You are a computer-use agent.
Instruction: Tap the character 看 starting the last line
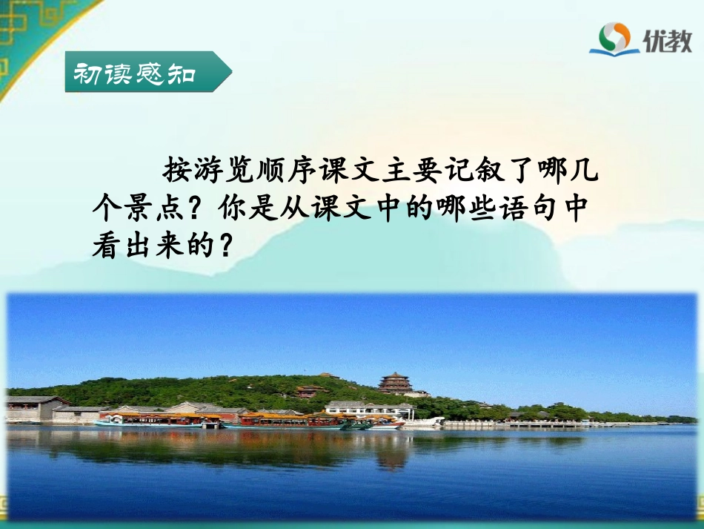pos(104,246)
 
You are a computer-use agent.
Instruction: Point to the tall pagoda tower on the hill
pos(396,382)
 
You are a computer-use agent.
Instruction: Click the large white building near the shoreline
pos(368,410)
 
